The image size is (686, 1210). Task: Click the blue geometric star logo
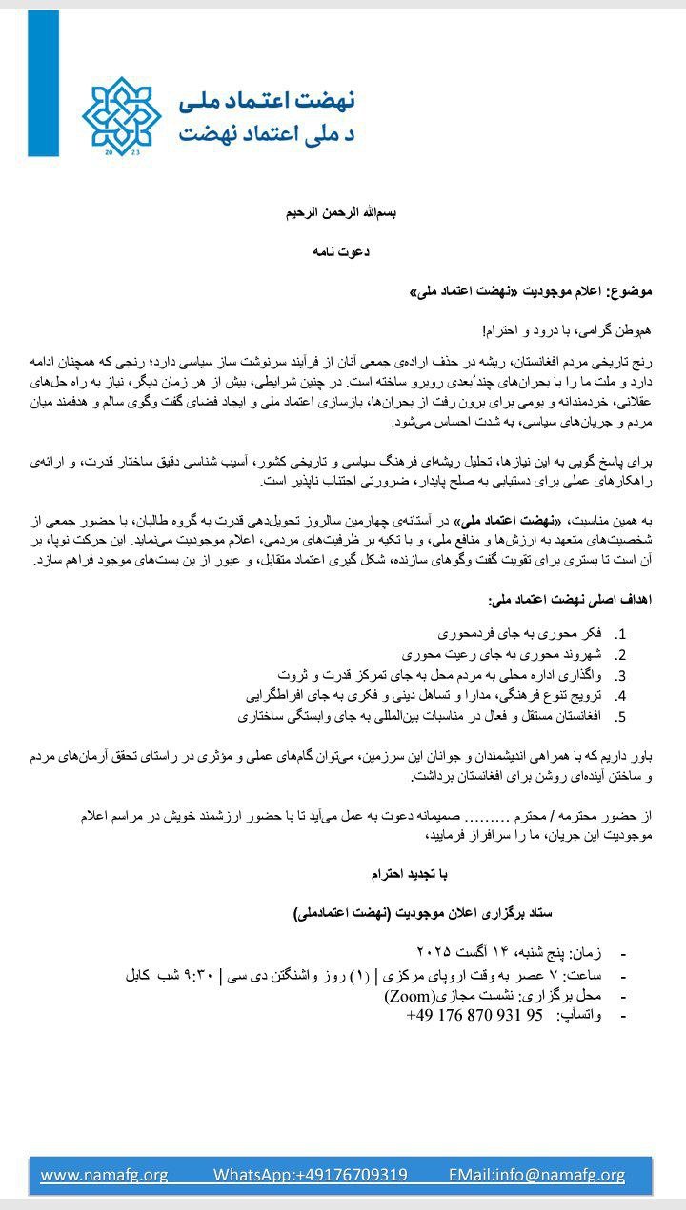pos(122,116)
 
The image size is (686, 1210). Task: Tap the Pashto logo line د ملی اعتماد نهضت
pos(267,133)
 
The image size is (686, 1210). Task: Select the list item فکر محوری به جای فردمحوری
pos(520,633)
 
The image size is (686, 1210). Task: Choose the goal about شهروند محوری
pos(502,654)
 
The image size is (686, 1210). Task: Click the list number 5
pos(620,716)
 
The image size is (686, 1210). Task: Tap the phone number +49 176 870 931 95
pos(474,1015)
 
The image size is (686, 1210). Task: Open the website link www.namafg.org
pos(104,1175)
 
